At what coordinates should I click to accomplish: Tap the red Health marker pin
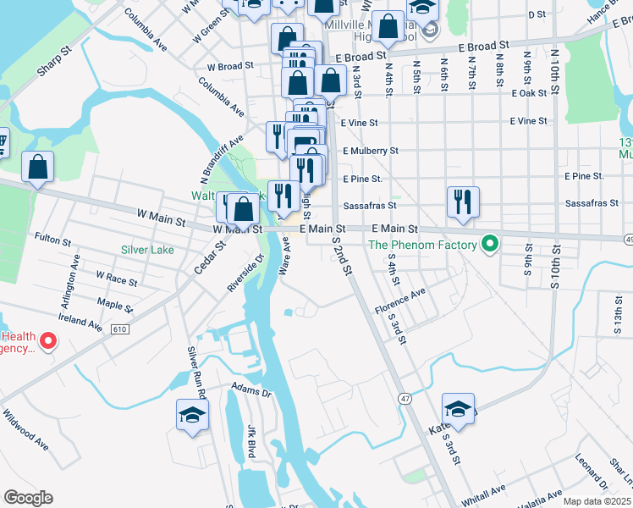(x=48, y=341)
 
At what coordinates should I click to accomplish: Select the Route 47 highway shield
(x=405, y=398)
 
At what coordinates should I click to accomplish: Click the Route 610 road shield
(x=120, y=329)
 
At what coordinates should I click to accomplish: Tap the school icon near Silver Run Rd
(x=192, y=415)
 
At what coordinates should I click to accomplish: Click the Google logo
(x=28, y=498)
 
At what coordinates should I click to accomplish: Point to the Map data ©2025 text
(x=597, y=501)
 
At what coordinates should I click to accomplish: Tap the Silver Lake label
(x=148, y=250)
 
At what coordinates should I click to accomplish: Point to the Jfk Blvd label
(x=251, y=441)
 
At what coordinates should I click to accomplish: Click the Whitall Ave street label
(x=483, y=492)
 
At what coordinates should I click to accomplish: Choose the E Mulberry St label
(x=370, y=151)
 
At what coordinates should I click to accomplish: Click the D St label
(x=537, y=14)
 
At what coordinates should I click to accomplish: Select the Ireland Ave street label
(x=80, y=321)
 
